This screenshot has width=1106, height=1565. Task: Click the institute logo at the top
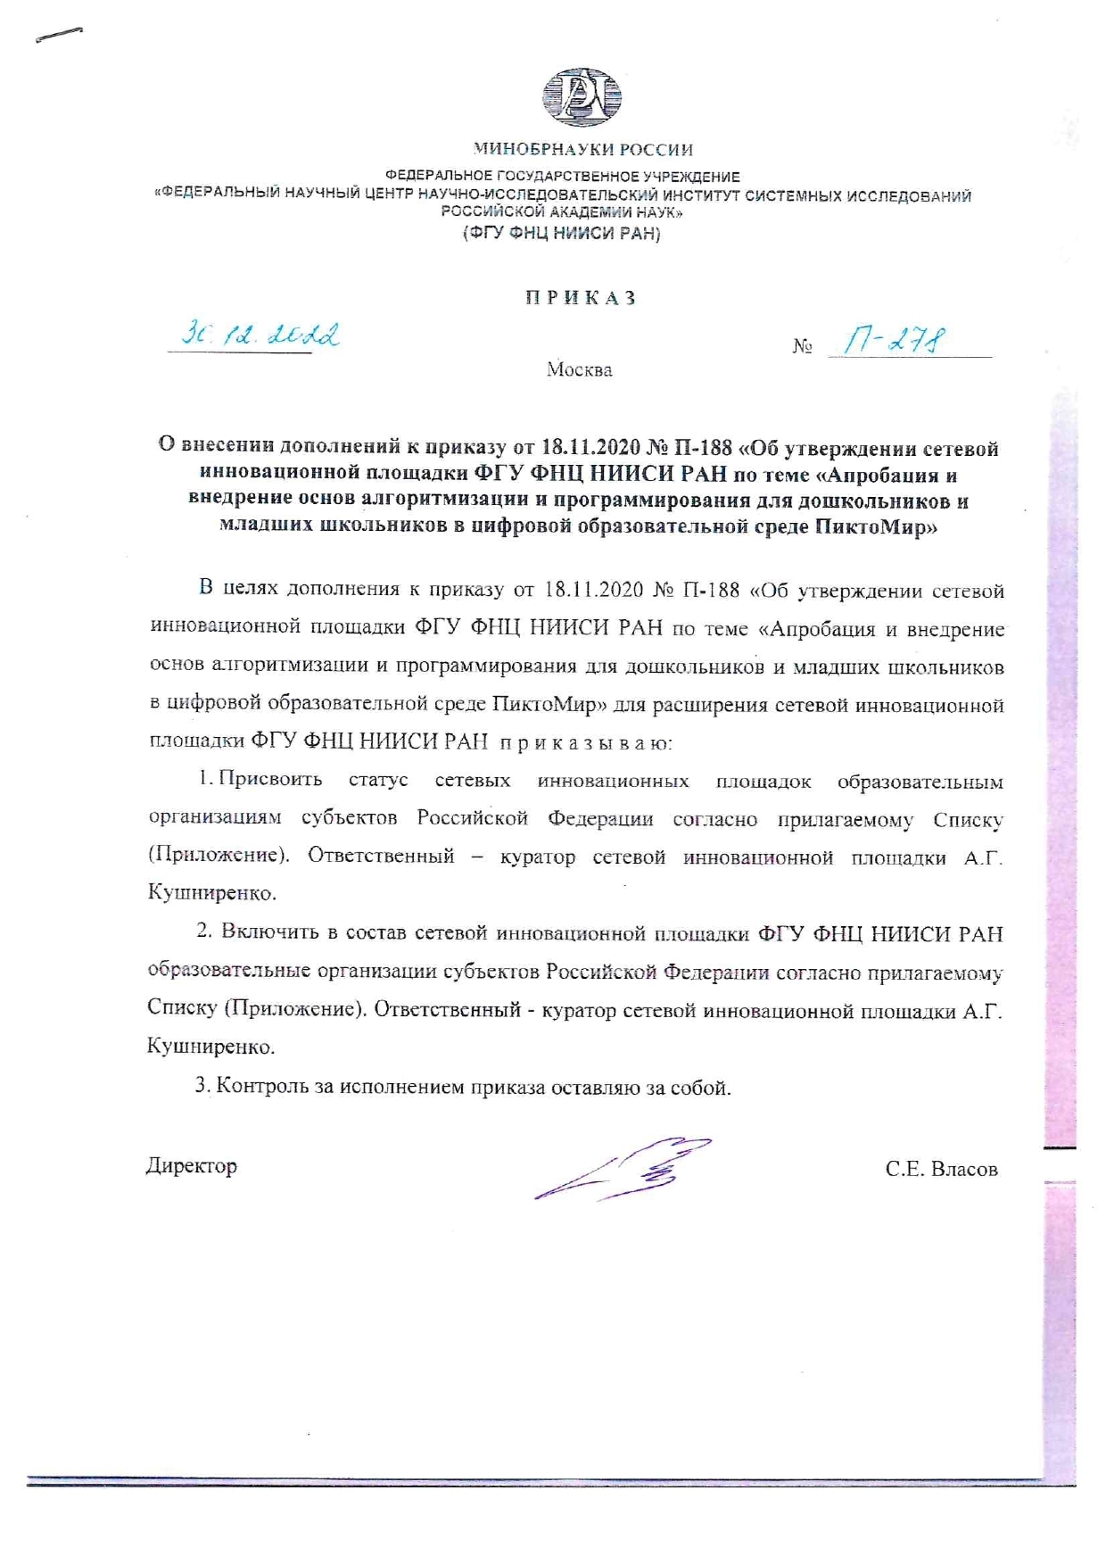[x=582, y=97]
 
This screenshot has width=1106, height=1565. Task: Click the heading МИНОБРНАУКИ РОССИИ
[x=582, y=150]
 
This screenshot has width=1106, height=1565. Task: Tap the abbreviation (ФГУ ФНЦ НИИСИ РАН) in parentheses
[x=561, y=234]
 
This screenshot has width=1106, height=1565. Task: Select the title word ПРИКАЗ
[x=581, y=298]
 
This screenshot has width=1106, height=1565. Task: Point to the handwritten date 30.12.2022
[x=260, y=335]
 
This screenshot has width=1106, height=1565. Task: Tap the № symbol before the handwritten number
[x=802, y=346]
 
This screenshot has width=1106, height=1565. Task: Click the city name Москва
[x=580, y=369]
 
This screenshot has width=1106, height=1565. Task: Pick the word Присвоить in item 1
[x=270, y=780]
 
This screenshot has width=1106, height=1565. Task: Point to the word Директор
[x=192, y=1166]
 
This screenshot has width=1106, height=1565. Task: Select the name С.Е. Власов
[x=941, y=1169]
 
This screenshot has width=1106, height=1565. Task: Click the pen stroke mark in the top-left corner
[x=59, y=35]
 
